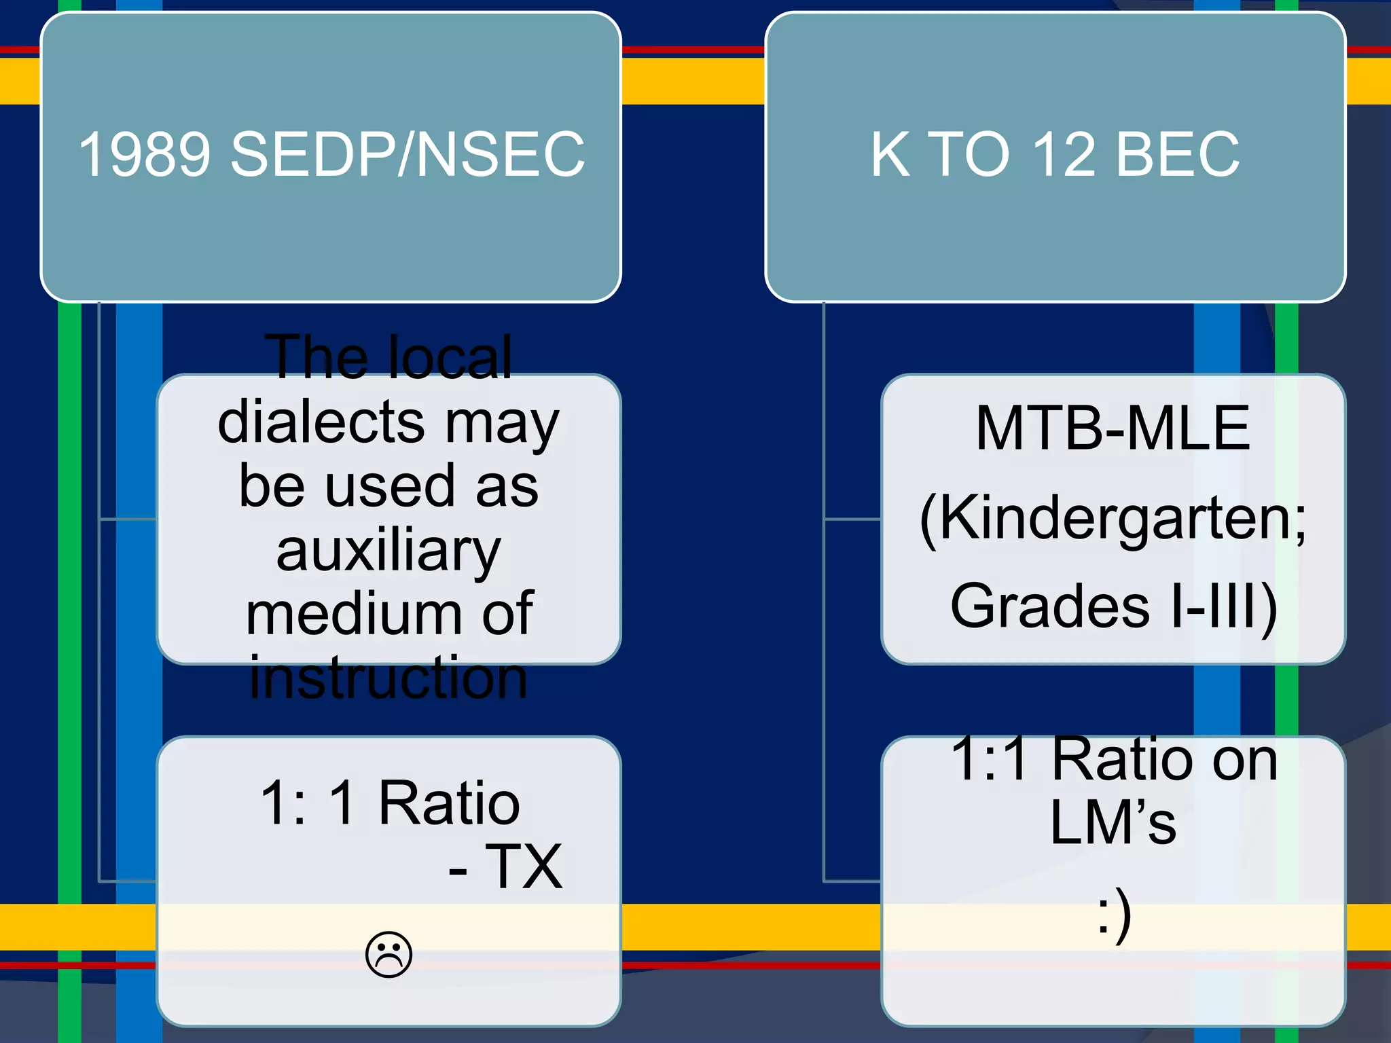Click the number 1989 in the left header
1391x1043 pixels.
(x=143, y=155)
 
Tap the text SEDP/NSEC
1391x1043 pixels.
(x=408, y=155)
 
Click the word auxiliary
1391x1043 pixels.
(x=389, y=551)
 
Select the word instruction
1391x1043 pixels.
(x=389, y=678)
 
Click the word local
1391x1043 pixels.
(x=450, y=358)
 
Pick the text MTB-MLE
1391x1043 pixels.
(x=1113, y=428)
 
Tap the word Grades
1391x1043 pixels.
(x=1049, y=606)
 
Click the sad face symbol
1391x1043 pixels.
(x=389, y=955)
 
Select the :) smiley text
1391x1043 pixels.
(x=1114, y=914)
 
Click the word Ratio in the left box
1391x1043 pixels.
(x=449, y=803)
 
